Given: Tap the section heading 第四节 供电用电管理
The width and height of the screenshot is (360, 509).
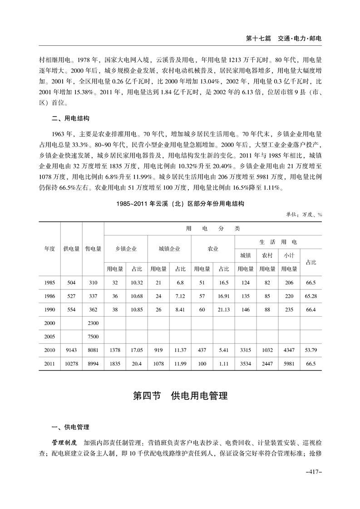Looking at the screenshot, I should coord(180,396).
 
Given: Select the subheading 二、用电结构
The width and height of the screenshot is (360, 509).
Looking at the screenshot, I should coord(70,118).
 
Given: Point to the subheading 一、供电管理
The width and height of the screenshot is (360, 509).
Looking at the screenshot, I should coord(70,427).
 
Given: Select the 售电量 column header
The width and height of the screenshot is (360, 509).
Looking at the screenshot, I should coord(93,249).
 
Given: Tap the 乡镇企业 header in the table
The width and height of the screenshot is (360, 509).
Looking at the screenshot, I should coord(126,249).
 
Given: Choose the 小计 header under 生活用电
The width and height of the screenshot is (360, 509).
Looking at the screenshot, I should coord(289,255).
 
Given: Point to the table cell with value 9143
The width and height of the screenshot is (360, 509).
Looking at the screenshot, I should coord(71,350).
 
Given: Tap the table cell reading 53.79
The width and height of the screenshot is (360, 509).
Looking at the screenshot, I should coord(311,350).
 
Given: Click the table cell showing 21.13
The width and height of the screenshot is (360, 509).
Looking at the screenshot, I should coord(224,309).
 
